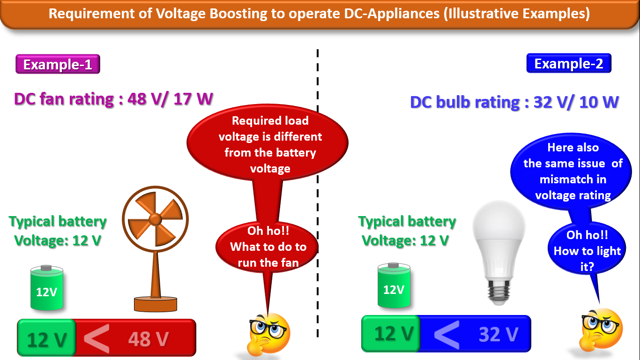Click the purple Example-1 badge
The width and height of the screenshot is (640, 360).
58,64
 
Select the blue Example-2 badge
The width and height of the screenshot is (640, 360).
568,63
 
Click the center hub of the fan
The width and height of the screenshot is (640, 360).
155,218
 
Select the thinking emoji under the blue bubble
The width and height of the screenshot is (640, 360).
601,328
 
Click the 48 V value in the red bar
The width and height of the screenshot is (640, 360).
148,339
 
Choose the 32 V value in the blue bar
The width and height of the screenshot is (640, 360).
499,334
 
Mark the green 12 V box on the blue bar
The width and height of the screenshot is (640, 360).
391,333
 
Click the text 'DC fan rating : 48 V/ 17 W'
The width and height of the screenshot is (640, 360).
114,99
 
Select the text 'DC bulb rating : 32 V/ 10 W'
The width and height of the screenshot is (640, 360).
514,102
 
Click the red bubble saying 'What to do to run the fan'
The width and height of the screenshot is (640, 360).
268,247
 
